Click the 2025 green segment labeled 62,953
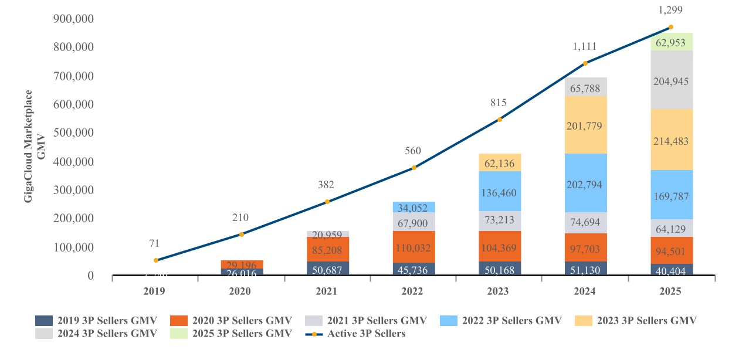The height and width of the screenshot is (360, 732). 671,42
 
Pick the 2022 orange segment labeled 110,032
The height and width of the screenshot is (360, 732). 414,246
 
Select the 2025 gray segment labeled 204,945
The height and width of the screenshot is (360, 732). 671,80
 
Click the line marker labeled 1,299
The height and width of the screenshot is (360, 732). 671,27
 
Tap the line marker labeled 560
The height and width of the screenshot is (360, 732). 414,168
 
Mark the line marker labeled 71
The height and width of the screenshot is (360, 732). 156,260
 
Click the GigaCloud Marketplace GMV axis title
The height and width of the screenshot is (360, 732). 35,147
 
